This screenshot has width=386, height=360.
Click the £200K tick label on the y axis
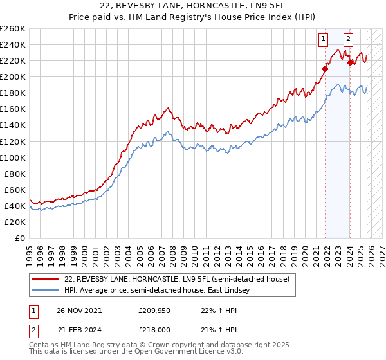pos(12,76)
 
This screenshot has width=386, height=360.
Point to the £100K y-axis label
pos(12,157)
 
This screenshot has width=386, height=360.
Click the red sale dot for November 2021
pos(326,69)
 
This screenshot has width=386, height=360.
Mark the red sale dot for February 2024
pos(350,62)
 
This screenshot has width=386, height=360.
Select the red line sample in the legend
pos(46,280)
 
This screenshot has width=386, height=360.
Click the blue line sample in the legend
pos(46,291)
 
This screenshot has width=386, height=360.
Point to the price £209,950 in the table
pos(152,310)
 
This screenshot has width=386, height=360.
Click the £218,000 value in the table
pos(152,328)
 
